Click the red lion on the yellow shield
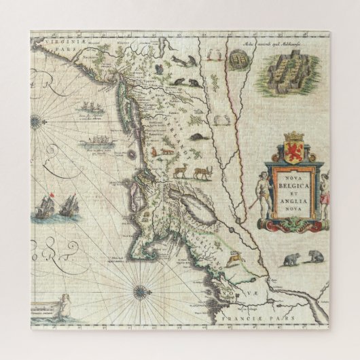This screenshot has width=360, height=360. point(295,150)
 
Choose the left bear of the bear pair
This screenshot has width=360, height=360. point(292,259)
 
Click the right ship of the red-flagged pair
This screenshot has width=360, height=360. point(68,204)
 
